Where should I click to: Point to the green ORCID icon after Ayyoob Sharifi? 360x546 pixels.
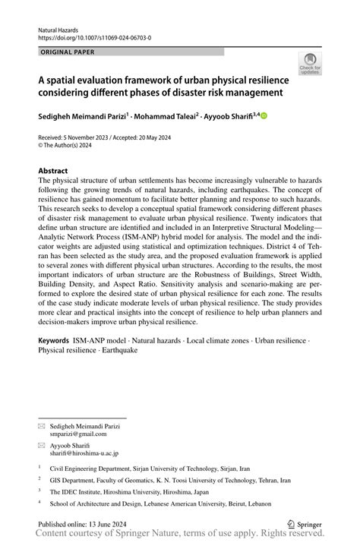click(264, 115)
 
